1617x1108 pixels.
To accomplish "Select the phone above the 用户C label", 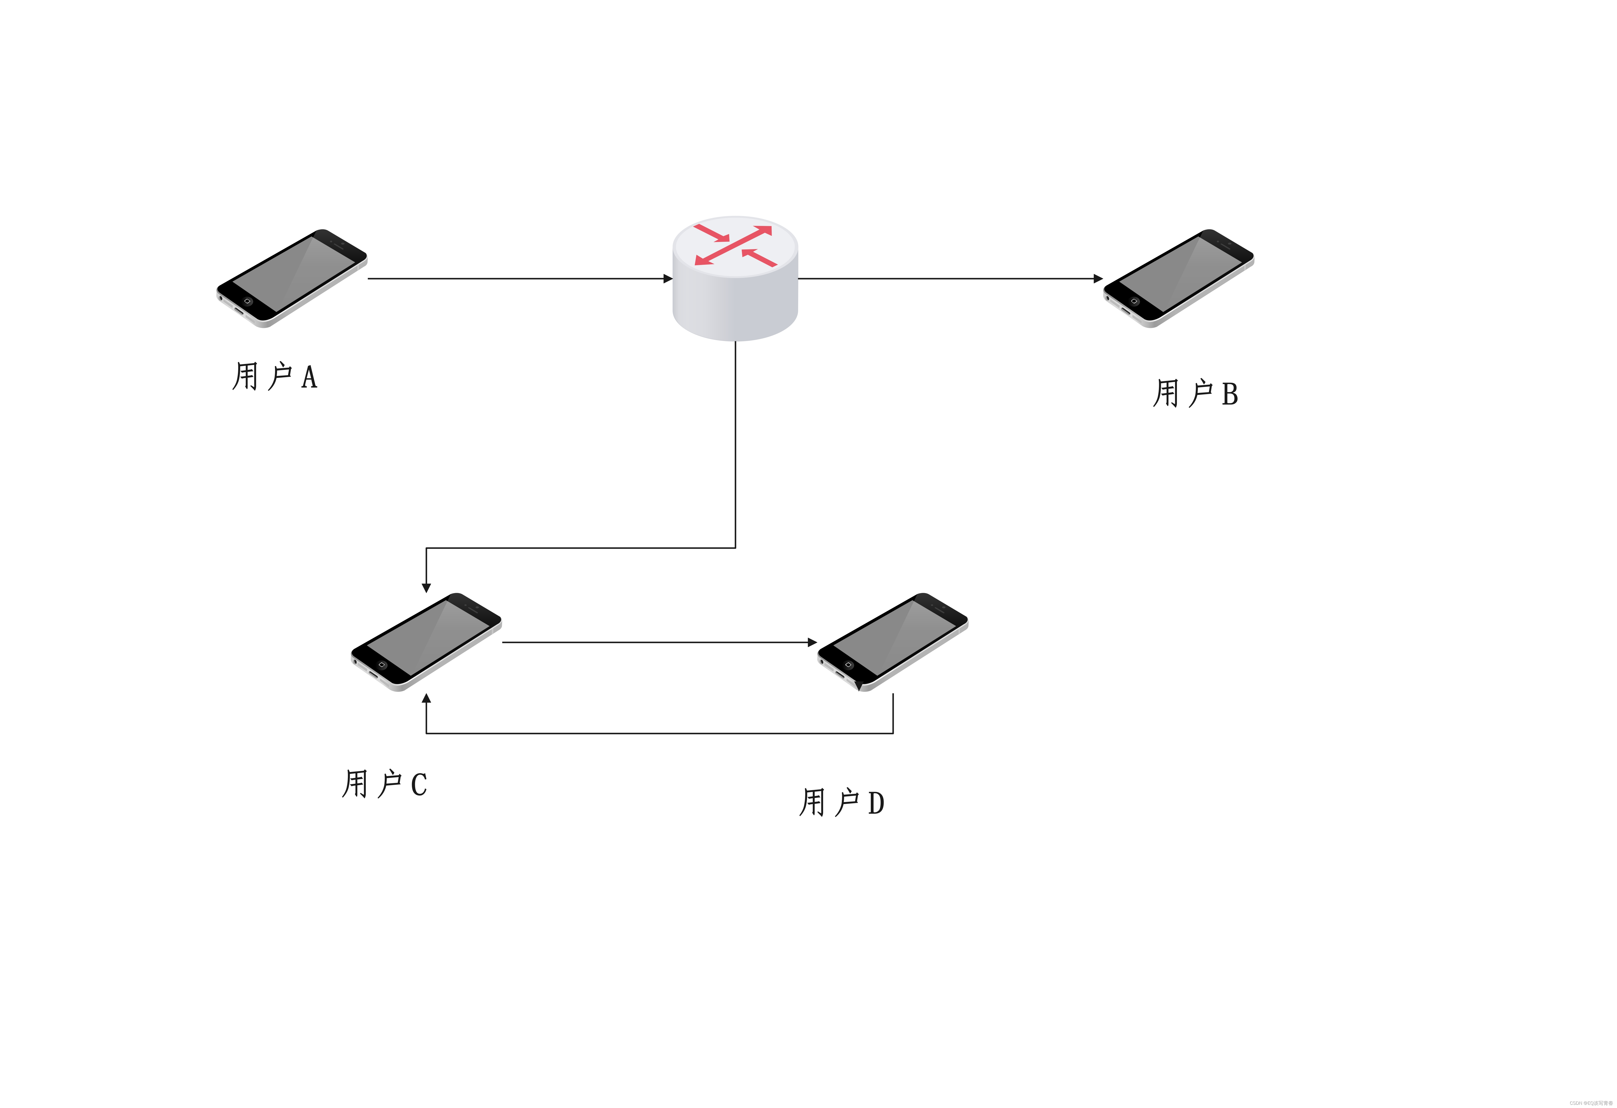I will coord(426,641).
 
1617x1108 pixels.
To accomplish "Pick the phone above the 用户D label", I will coord(893,641).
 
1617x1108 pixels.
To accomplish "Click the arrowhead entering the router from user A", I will coord(668,279).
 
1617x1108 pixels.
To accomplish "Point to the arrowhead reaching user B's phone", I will coord(1098,279).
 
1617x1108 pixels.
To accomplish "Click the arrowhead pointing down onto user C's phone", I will coord(426,588).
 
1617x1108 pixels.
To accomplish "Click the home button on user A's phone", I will coord(247,301).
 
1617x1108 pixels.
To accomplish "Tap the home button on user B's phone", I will coord(1134,301).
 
